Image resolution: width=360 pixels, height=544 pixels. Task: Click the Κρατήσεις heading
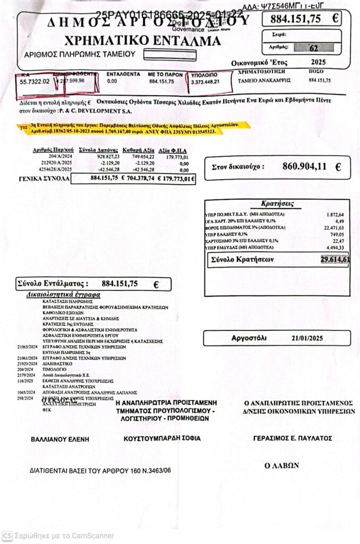tap(278, 203)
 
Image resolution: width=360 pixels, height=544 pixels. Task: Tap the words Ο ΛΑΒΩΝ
tap(281, 465)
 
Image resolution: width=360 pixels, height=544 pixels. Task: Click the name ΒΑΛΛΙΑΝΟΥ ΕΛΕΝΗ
tap(59, 439)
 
